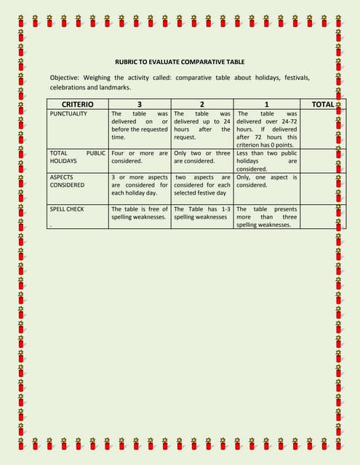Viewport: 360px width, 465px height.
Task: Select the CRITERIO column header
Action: (77, 104)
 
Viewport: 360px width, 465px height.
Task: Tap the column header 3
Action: (140, 104)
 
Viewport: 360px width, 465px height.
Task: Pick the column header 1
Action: (266, 104)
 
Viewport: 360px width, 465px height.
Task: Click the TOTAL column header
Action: (322, 104)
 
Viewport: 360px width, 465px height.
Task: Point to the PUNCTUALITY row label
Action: (68, 114)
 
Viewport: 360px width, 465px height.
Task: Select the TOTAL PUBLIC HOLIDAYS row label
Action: (77, 158)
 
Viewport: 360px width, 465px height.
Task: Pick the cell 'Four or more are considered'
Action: (140, 158)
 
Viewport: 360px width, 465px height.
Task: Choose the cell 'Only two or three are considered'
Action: (202, 158)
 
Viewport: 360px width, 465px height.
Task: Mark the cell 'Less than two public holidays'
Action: (267, 161)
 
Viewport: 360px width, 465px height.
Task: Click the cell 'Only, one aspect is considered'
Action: (267, 181)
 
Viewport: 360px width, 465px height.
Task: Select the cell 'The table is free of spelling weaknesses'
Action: (140, 213)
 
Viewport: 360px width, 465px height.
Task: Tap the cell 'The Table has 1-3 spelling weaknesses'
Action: (202, 213)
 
